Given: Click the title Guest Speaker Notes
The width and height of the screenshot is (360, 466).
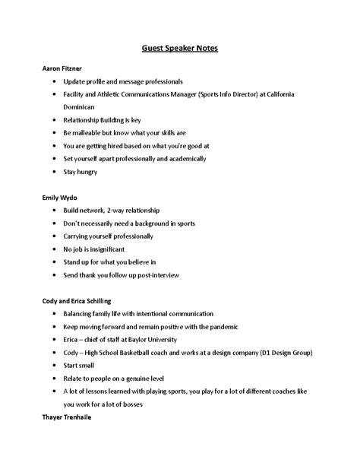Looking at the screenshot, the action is coord(180,47).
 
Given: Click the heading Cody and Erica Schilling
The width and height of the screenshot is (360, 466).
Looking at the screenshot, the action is coord(81,301).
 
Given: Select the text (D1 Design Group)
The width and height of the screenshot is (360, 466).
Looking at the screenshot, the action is coord(276,353).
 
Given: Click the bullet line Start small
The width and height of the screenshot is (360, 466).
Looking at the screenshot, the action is coord(82,366).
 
